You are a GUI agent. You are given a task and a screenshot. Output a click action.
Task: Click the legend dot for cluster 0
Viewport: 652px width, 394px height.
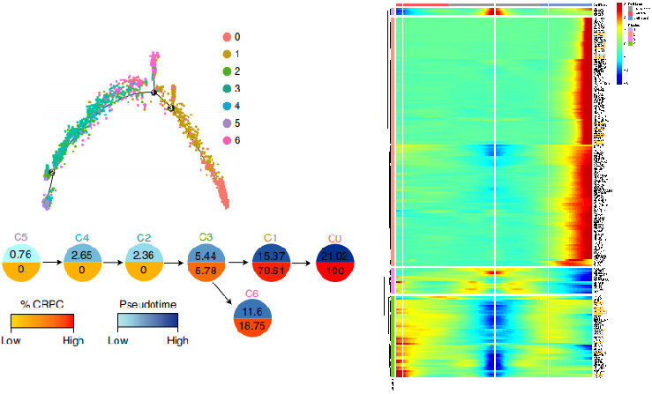pyautogui.click(x=227, y=37)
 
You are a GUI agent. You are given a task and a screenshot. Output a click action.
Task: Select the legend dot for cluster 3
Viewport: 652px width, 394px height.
pyautogui.click(x=227, y=88)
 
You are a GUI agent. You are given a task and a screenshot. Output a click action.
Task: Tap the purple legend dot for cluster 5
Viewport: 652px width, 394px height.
pyautogui.click(x=227, y=123)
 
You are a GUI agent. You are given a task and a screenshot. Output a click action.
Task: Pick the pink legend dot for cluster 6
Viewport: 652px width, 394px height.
pyautogui.click(x=227, y=140)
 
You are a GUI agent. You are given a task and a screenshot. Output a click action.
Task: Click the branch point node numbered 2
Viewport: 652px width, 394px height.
pyautogui.click(x=51, y=173)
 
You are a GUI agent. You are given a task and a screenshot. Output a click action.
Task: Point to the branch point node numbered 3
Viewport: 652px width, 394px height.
pyautogui.click(x=171, y=108)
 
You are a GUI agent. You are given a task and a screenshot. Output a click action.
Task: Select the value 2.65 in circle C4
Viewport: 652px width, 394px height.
pyautogui.click(x=82, y=255)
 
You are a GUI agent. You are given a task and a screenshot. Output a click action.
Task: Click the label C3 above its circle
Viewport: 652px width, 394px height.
pyautogui.click(x=205, y=238)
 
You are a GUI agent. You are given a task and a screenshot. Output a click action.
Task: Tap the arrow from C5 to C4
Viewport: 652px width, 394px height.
pyautogui.click(x=52, y=262)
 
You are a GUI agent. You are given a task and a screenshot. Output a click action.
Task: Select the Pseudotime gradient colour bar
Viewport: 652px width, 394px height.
pyautogui.click(x=148, y=320)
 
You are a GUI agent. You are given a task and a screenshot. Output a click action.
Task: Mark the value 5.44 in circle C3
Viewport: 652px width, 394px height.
pyautogui.click(x=205, y=255)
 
